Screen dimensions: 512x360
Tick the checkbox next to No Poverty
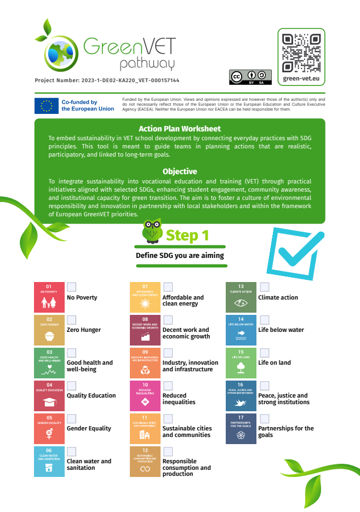pos(71,287)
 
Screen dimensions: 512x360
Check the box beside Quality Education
pos(71,386)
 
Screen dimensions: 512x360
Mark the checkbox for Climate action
pos(264,287)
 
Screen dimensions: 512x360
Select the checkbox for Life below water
pos(264,320)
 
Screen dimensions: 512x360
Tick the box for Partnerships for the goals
pos(264,418)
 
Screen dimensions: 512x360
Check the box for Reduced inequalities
pos(168,386)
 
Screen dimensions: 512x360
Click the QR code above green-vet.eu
pos(301,53)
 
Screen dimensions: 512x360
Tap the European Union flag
pos(47,106)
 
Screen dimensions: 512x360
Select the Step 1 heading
pos(187,235)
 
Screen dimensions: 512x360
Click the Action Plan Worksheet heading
pos(180,129)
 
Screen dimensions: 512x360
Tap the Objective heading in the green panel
pos(180,171)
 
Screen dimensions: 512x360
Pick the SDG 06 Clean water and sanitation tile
pos(49,462)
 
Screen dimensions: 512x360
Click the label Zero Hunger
pos(84,330)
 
